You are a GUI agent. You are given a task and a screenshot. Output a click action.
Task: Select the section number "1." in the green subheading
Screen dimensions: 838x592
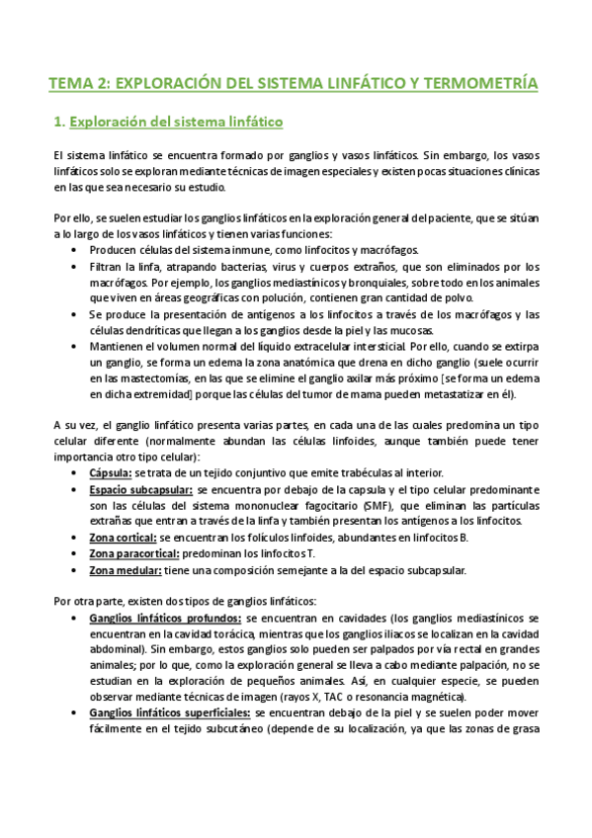[58, 123]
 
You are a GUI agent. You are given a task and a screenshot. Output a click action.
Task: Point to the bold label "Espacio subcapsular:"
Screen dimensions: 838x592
[140, 489]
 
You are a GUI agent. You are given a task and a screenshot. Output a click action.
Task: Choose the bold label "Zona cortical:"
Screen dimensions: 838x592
[123, 538]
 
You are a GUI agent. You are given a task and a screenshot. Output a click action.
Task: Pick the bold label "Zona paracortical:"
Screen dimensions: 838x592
[134, 553]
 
